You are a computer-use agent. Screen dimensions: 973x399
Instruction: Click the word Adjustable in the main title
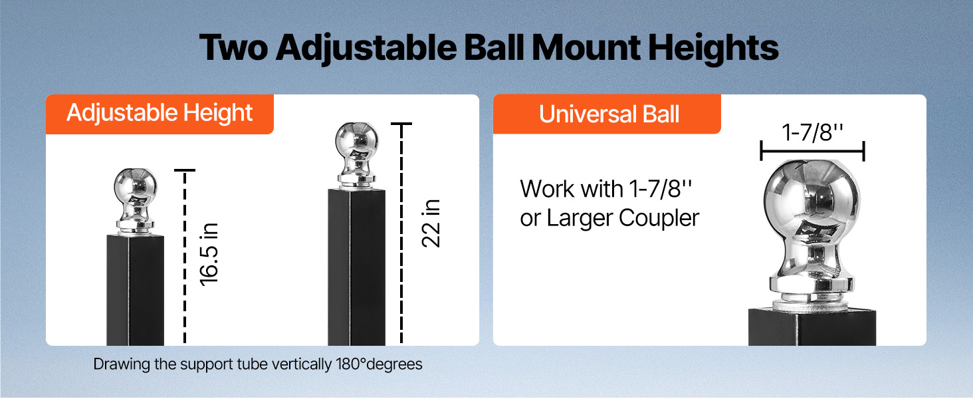pos(366,49)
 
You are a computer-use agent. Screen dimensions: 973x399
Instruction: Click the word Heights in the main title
pos(713,49)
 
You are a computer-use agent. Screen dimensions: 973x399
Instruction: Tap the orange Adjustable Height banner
pos(160,114)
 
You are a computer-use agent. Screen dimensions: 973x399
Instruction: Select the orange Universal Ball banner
pos(607,114)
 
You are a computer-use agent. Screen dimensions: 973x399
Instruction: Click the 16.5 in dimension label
pos(209,255)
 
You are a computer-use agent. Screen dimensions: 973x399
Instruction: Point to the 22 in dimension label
pos(431,223)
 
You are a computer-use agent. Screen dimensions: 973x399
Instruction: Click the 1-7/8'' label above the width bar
pos(812,132)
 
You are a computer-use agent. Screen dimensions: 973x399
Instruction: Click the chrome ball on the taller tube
pos(357,155)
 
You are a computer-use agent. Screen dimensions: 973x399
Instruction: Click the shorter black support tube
pos(135,291)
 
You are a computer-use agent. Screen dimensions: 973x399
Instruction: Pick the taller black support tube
pos(357,267)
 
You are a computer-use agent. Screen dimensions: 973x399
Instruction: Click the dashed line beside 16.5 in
pos(185,257)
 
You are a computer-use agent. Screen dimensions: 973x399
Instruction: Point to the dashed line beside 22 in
pos(401,233)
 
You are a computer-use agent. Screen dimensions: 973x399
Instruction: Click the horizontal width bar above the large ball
pos(813,151)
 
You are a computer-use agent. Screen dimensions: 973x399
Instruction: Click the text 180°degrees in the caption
pos(379,364)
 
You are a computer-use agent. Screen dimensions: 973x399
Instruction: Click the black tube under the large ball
pos(812,327)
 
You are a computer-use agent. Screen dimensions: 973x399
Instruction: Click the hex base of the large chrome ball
pos(811,285)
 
